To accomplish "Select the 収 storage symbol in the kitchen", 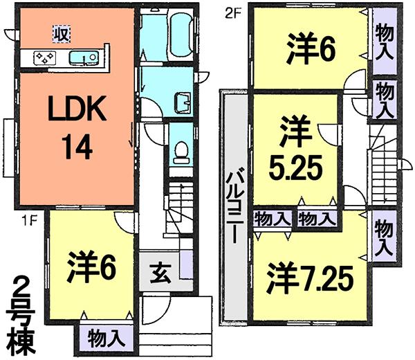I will (x=60, y=33).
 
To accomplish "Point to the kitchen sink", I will (x=85, y=57).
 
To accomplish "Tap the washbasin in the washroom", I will (x=182, y=102).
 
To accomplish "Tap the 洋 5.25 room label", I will (x=294, y=149).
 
